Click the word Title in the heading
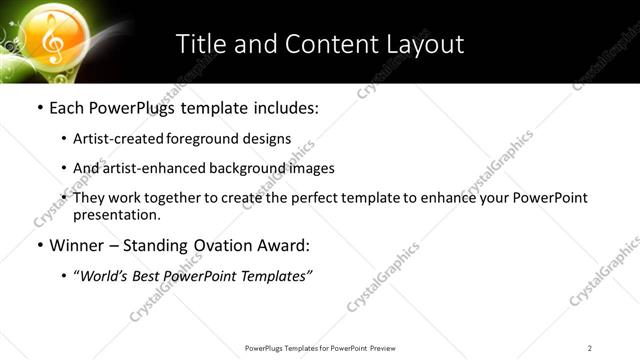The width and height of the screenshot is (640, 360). point(200,44)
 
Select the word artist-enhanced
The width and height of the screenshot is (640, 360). point(153,169)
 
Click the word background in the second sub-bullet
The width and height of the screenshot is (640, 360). point(247,169)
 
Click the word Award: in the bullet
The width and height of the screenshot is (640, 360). point(286,245)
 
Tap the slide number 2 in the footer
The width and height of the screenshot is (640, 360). point(590,348)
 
